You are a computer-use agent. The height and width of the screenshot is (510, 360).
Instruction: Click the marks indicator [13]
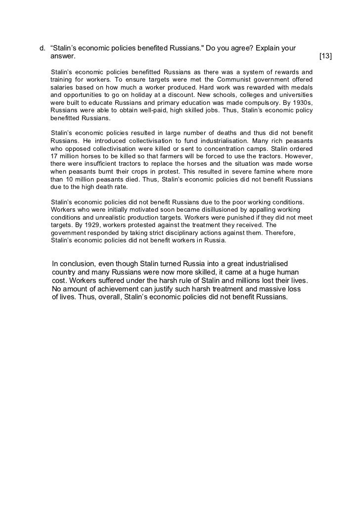click(x=326, y=57)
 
